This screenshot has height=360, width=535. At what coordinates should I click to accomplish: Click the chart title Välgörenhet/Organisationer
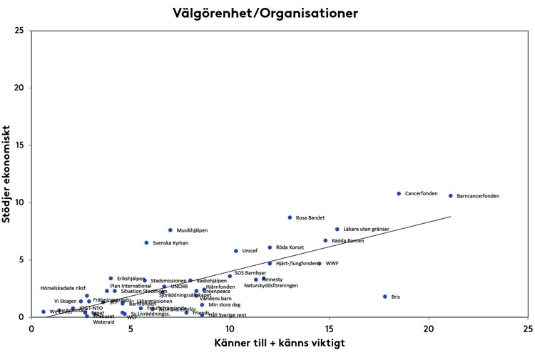265,13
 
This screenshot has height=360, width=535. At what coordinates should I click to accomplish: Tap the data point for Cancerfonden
399,194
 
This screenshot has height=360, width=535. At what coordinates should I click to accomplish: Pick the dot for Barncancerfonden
450,196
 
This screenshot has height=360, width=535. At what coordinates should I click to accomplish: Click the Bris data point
384,297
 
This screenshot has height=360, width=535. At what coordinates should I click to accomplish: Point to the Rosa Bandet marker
290,217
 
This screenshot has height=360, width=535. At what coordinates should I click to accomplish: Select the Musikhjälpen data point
170,230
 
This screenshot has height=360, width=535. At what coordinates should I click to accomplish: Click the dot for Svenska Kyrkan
146,242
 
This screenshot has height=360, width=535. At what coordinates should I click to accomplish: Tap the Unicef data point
235,251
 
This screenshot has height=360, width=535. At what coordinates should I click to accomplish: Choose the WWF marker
320,264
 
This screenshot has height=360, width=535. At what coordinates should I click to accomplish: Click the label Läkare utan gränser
367,229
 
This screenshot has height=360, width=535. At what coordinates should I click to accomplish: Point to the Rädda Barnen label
347,241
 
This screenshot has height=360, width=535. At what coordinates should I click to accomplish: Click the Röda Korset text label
290,247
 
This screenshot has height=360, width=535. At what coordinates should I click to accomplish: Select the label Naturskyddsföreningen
270,286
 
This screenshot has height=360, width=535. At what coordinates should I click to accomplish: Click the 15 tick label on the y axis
19,145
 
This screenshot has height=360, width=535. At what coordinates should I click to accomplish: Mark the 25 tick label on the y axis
19,31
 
